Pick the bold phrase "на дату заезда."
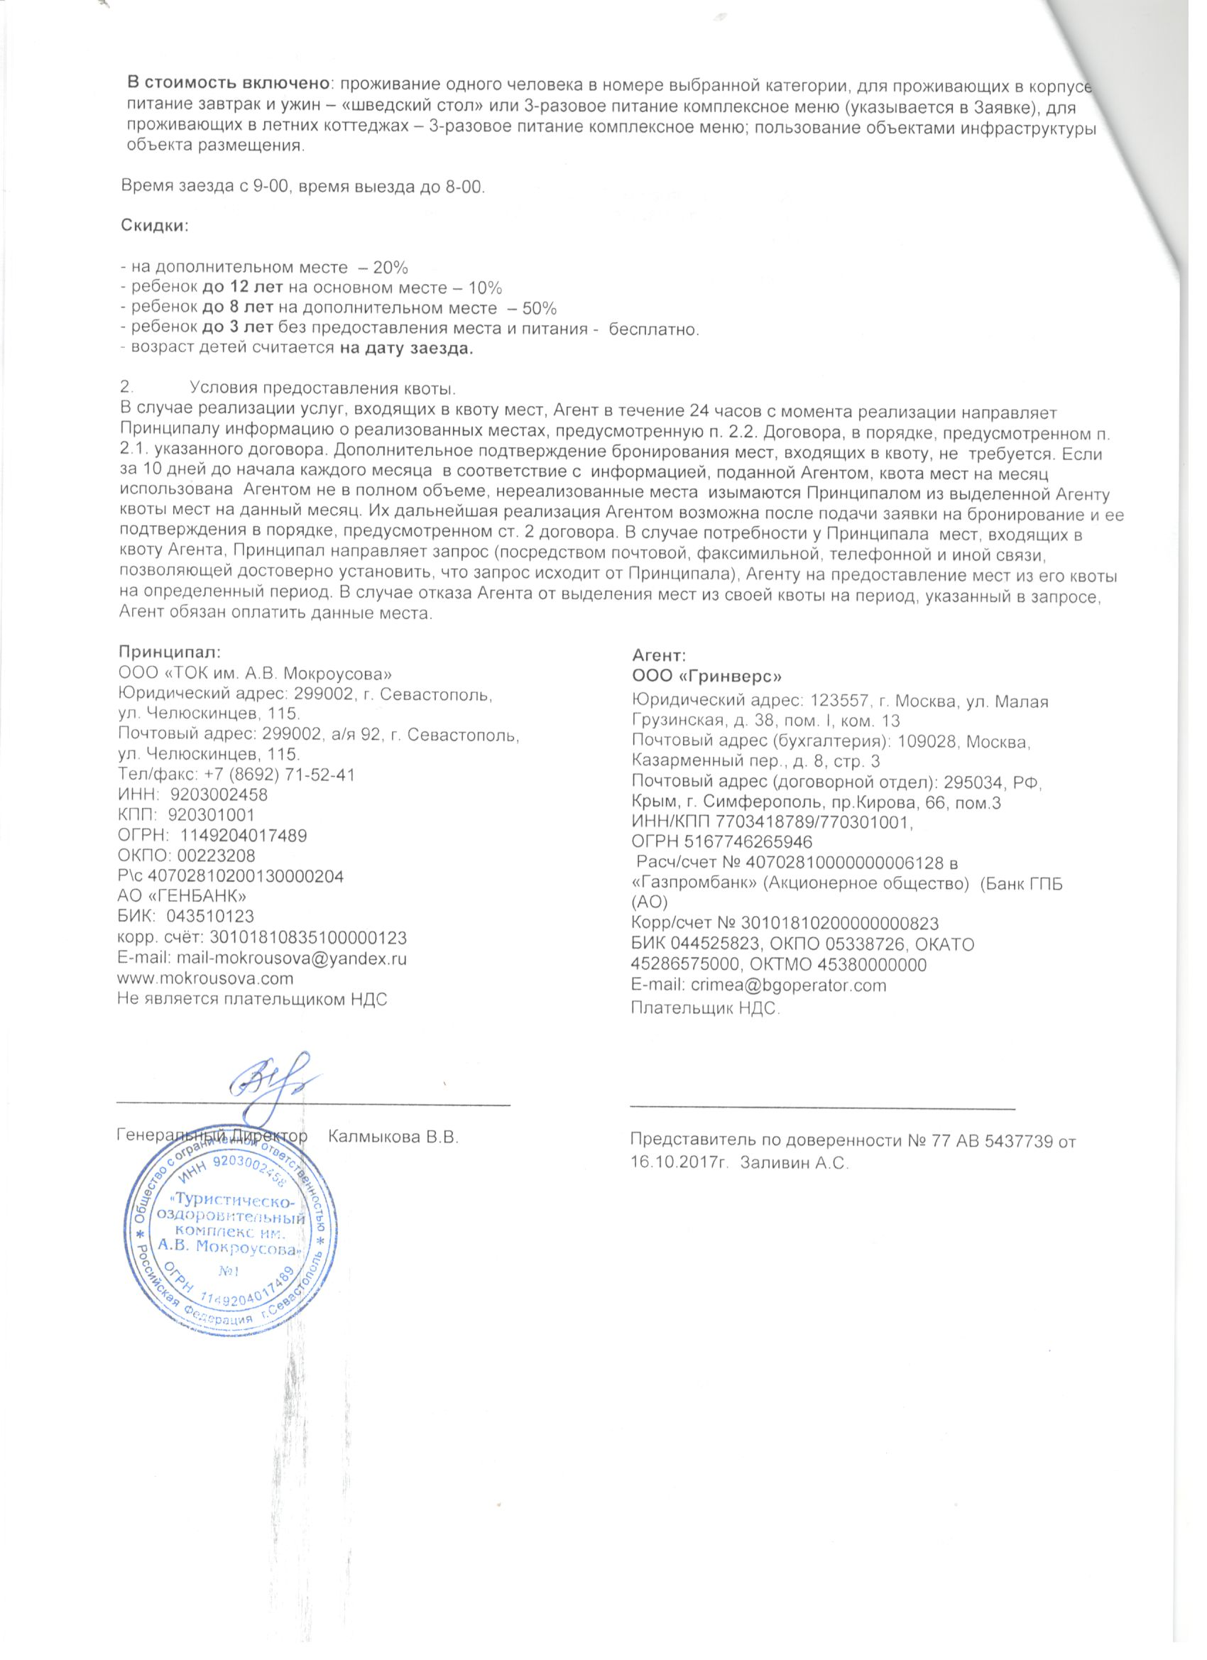pos(407,349)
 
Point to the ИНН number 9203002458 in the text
pos(219,794)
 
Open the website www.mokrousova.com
pos(206,978)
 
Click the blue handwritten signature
pos(271,1083)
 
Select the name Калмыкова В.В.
pos(394,1137)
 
